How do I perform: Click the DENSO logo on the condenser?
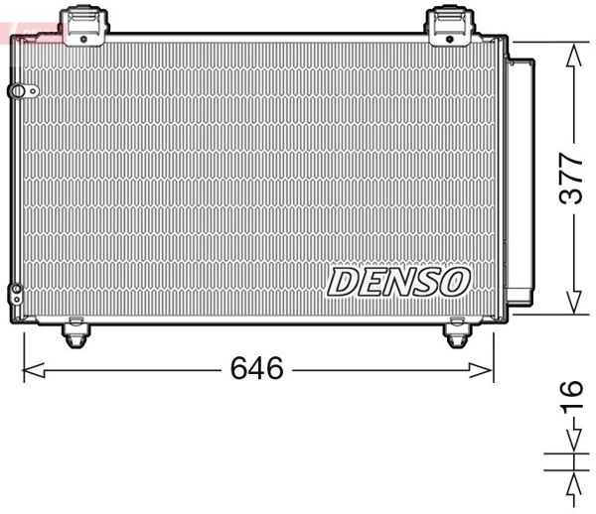pyautogui.click(x=397, y=282)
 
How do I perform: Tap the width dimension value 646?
pyautogui.click(x=256, y=369)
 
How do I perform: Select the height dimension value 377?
pyautogui.click(x=570, y=179)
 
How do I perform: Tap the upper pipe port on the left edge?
pyautogui.click(x=18, y=91)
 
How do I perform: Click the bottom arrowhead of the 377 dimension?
pyautogui.click(x=572, y=305)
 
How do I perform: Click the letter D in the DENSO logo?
pyautogui.click(x=344, y=282)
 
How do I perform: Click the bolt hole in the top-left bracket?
pyautogui.click(x=82, y=38)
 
